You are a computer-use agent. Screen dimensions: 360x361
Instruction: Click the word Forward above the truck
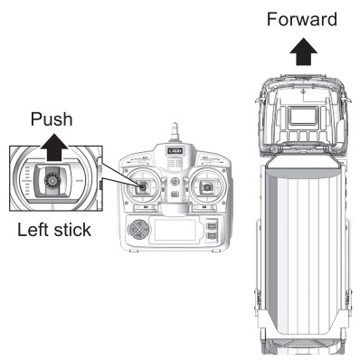click(x=302, y=19)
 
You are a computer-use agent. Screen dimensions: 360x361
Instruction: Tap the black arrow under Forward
click(x=303, y=52)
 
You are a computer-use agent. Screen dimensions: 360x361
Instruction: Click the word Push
click(x=52, y=119)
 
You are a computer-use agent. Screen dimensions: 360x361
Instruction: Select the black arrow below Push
click(x=54, y=147)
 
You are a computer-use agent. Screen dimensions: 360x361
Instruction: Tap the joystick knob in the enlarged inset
click(x=52, y=180)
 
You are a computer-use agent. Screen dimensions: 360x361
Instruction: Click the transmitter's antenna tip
click(x=174, y=124)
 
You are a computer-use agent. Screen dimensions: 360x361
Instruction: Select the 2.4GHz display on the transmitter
click(x=175, y=151)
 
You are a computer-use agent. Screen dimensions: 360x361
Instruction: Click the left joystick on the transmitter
click(x=142, y=187)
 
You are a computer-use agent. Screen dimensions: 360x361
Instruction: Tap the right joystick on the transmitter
click(x=207, y=187)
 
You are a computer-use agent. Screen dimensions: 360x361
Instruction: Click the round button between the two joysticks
click(x=175, y=181)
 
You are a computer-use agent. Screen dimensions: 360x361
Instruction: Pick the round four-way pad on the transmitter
click(x=138, y=230)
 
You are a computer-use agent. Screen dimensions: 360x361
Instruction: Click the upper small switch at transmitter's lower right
click(x=212, y=224)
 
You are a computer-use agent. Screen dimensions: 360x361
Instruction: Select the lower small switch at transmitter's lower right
click(x=212, y=236)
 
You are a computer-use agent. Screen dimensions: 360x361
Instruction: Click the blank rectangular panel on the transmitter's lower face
click(x=175, y=230)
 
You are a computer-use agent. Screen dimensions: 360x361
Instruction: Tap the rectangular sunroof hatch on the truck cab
click(x=303, y=116)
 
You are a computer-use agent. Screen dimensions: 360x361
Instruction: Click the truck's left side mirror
click(x=259, y=100)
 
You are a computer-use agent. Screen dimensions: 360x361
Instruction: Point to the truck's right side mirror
click(x=347, y=100)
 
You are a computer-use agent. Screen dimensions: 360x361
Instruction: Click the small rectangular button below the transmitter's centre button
click(x=175, y=195)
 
